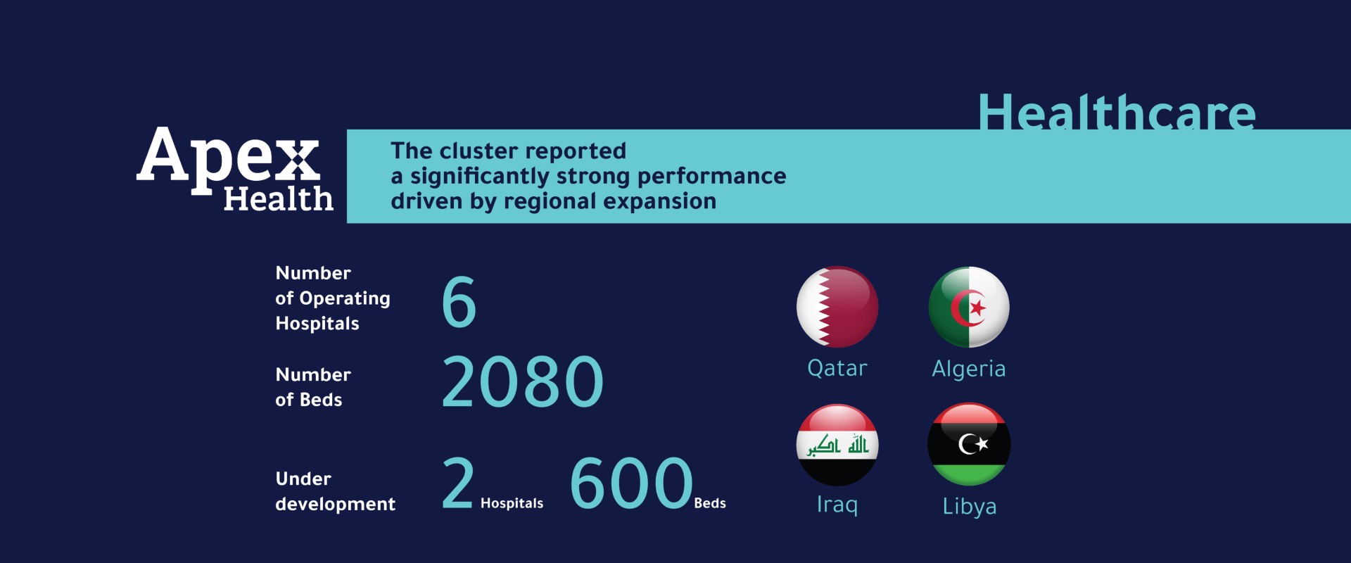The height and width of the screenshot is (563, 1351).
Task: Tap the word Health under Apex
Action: pos(279,198)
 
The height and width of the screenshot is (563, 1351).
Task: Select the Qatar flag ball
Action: pos(837,307)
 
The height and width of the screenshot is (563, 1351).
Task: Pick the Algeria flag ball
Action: pos(969,307)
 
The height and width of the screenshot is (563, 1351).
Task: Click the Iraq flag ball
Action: pos(837,445)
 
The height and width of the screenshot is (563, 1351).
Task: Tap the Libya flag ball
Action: pos(969,444)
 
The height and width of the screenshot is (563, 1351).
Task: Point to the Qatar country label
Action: pos(837,368)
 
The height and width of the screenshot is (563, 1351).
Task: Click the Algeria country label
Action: pos(969,369)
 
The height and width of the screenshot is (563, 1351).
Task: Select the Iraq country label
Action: pos(837,505)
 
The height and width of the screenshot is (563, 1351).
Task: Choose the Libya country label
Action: pos(970,506)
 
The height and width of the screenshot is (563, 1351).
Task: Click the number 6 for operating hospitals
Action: pos(459,302)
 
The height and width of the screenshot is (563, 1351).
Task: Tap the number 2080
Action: pos(523,381)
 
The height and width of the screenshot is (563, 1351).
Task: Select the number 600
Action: pos(631,483)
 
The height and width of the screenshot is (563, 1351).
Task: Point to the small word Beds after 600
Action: pos(710,503)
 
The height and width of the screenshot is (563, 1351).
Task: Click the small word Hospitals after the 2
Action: pos(512,503)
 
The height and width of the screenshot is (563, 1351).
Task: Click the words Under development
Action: pos(335,491)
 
